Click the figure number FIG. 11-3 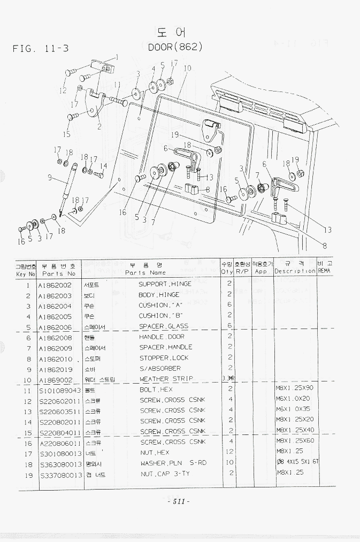[x=41, y=49]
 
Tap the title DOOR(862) [x=175, y=47]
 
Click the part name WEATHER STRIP [x=166, y=379]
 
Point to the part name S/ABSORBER [x=160, y=369]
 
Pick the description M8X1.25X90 [x=295, y=390]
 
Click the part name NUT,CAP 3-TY [x=165, y=474]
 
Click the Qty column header [x=227, y=272]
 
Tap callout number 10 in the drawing [x=187, y=68]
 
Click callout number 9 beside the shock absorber [x=49, y=178]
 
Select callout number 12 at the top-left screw [x=63, y=90]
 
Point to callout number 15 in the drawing [x=67, y=134]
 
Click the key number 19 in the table [x=27, y=474]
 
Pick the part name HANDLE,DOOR [x=162, y=337]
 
